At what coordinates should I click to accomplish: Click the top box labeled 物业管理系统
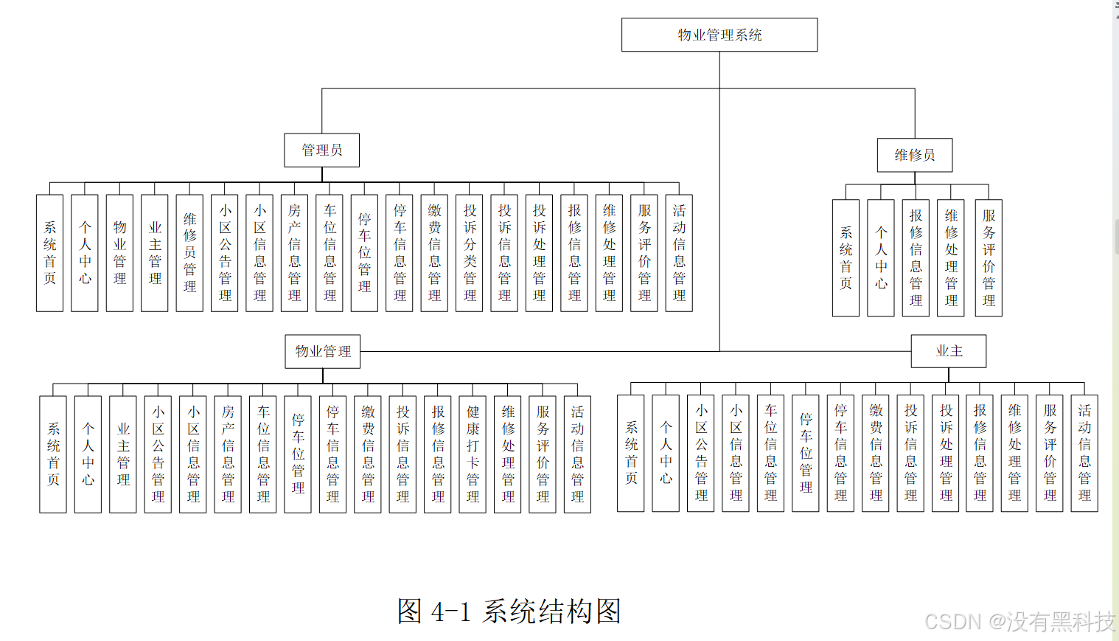point(719,35)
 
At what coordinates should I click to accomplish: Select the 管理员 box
point(322,150)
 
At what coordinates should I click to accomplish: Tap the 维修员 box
point(914,155)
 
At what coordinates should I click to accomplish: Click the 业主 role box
point(949,351)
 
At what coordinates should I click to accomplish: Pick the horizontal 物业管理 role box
point(323,351)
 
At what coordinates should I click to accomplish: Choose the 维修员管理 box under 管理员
point(189,253)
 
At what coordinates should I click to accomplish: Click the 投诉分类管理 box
point(470,253)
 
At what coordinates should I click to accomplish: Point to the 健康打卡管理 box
point(473,454)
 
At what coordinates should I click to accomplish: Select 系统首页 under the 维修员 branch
point(846,258)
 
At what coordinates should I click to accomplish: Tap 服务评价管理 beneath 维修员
point(989,258)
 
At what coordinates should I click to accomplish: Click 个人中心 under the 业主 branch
point(666,453)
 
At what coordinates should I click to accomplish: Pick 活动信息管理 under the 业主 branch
point(1084,453)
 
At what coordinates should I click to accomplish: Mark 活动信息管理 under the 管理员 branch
point(679,253)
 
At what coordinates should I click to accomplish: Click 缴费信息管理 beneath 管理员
point(434,253)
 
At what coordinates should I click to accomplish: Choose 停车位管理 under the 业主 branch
point(806,453)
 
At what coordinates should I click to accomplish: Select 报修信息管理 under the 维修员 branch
point(916,258)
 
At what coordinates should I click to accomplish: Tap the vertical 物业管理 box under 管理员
point(119,253)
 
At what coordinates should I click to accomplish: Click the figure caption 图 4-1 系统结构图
point(509,611)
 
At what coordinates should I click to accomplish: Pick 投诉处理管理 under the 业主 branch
point(946,453)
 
